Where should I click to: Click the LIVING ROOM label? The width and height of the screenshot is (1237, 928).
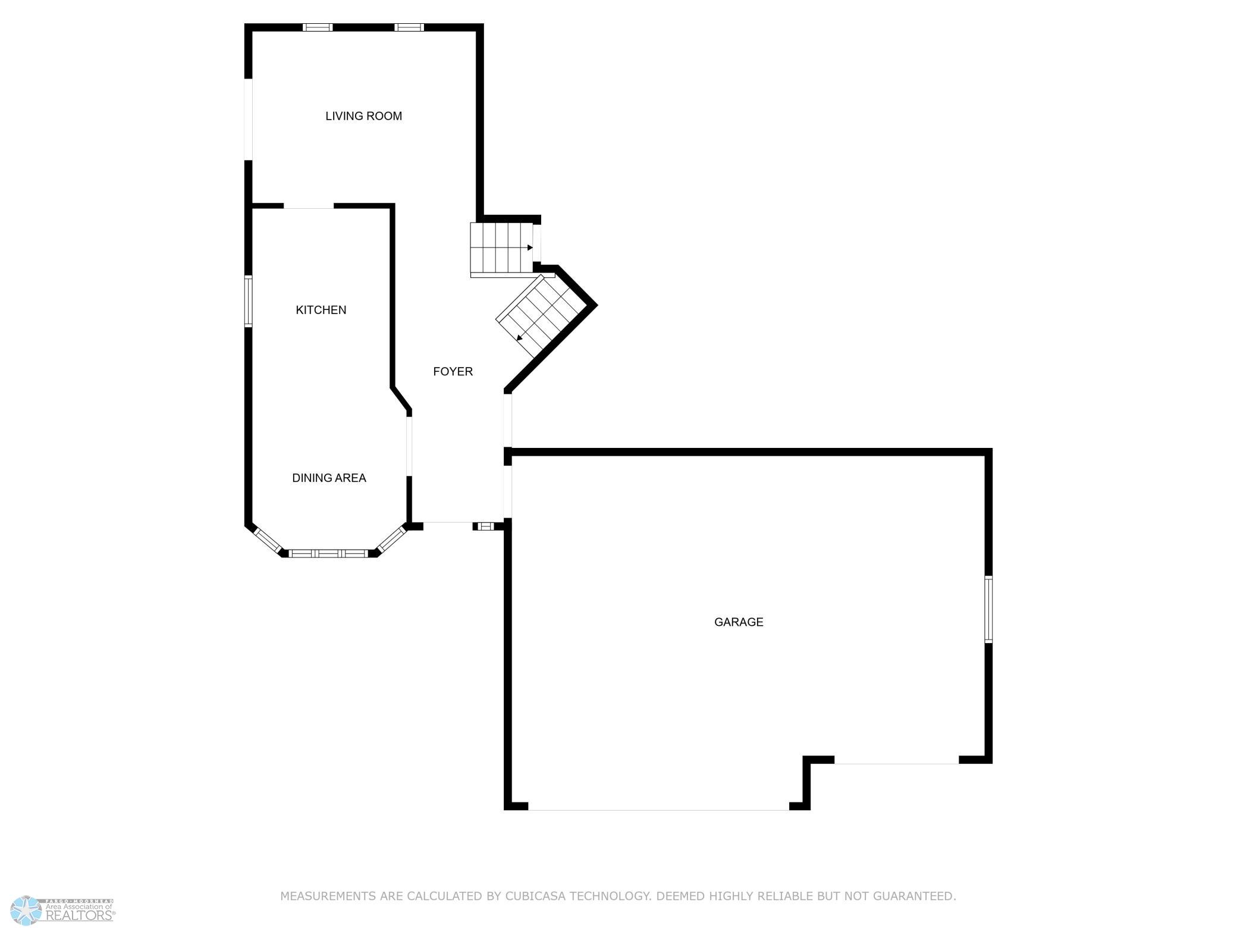(x=363, y=116)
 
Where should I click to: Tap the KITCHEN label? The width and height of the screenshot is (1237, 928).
(x=321, y=310)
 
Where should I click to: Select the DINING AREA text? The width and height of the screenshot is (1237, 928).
(x=329, y=478)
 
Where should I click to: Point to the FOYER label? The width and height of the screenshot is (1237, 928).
(x=453, y=371)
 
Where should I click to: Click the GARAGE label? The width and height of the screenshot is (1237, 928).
(x=739, y=622)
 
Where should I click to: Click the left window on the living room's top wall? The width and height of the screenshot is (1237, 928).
(x=318, y=27)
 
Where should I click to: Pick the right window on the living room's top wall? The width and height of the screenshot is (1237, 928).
(x=409, y=27)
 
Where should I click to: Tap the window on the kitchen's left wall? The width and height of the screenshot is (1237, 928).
(x=249, y=301)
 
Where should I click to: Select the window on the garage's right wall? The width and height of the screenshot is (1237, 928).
(x=988, y=609)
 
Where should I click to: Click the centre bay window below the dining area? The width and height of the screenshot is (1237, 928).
(x=328, y=553)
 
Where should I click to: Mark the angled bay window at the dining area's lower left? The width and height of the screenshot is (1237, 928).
(x=267, y=540)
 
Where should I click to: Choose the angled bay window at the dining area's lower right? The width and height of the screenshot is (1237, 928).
(x=391, y=540)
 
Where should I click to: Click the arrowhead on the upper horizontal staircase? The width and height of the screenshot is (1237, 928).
(x=530, y=247)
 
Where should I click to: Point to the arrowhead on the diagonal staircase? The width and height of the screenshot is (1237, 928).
(x=520, y=338)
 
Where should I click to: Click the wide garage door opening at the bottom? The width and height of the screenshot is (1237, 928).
(x=658, y=810)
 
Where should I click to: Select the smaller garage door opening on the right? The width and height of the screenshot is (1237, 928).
(x=897, y=763)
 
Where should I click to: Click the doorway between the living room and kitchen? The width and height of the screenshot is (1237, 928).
(x=309, y=206)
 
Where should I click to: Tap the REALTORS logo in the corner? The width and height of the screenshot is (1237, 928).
(x=62, y=909)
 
